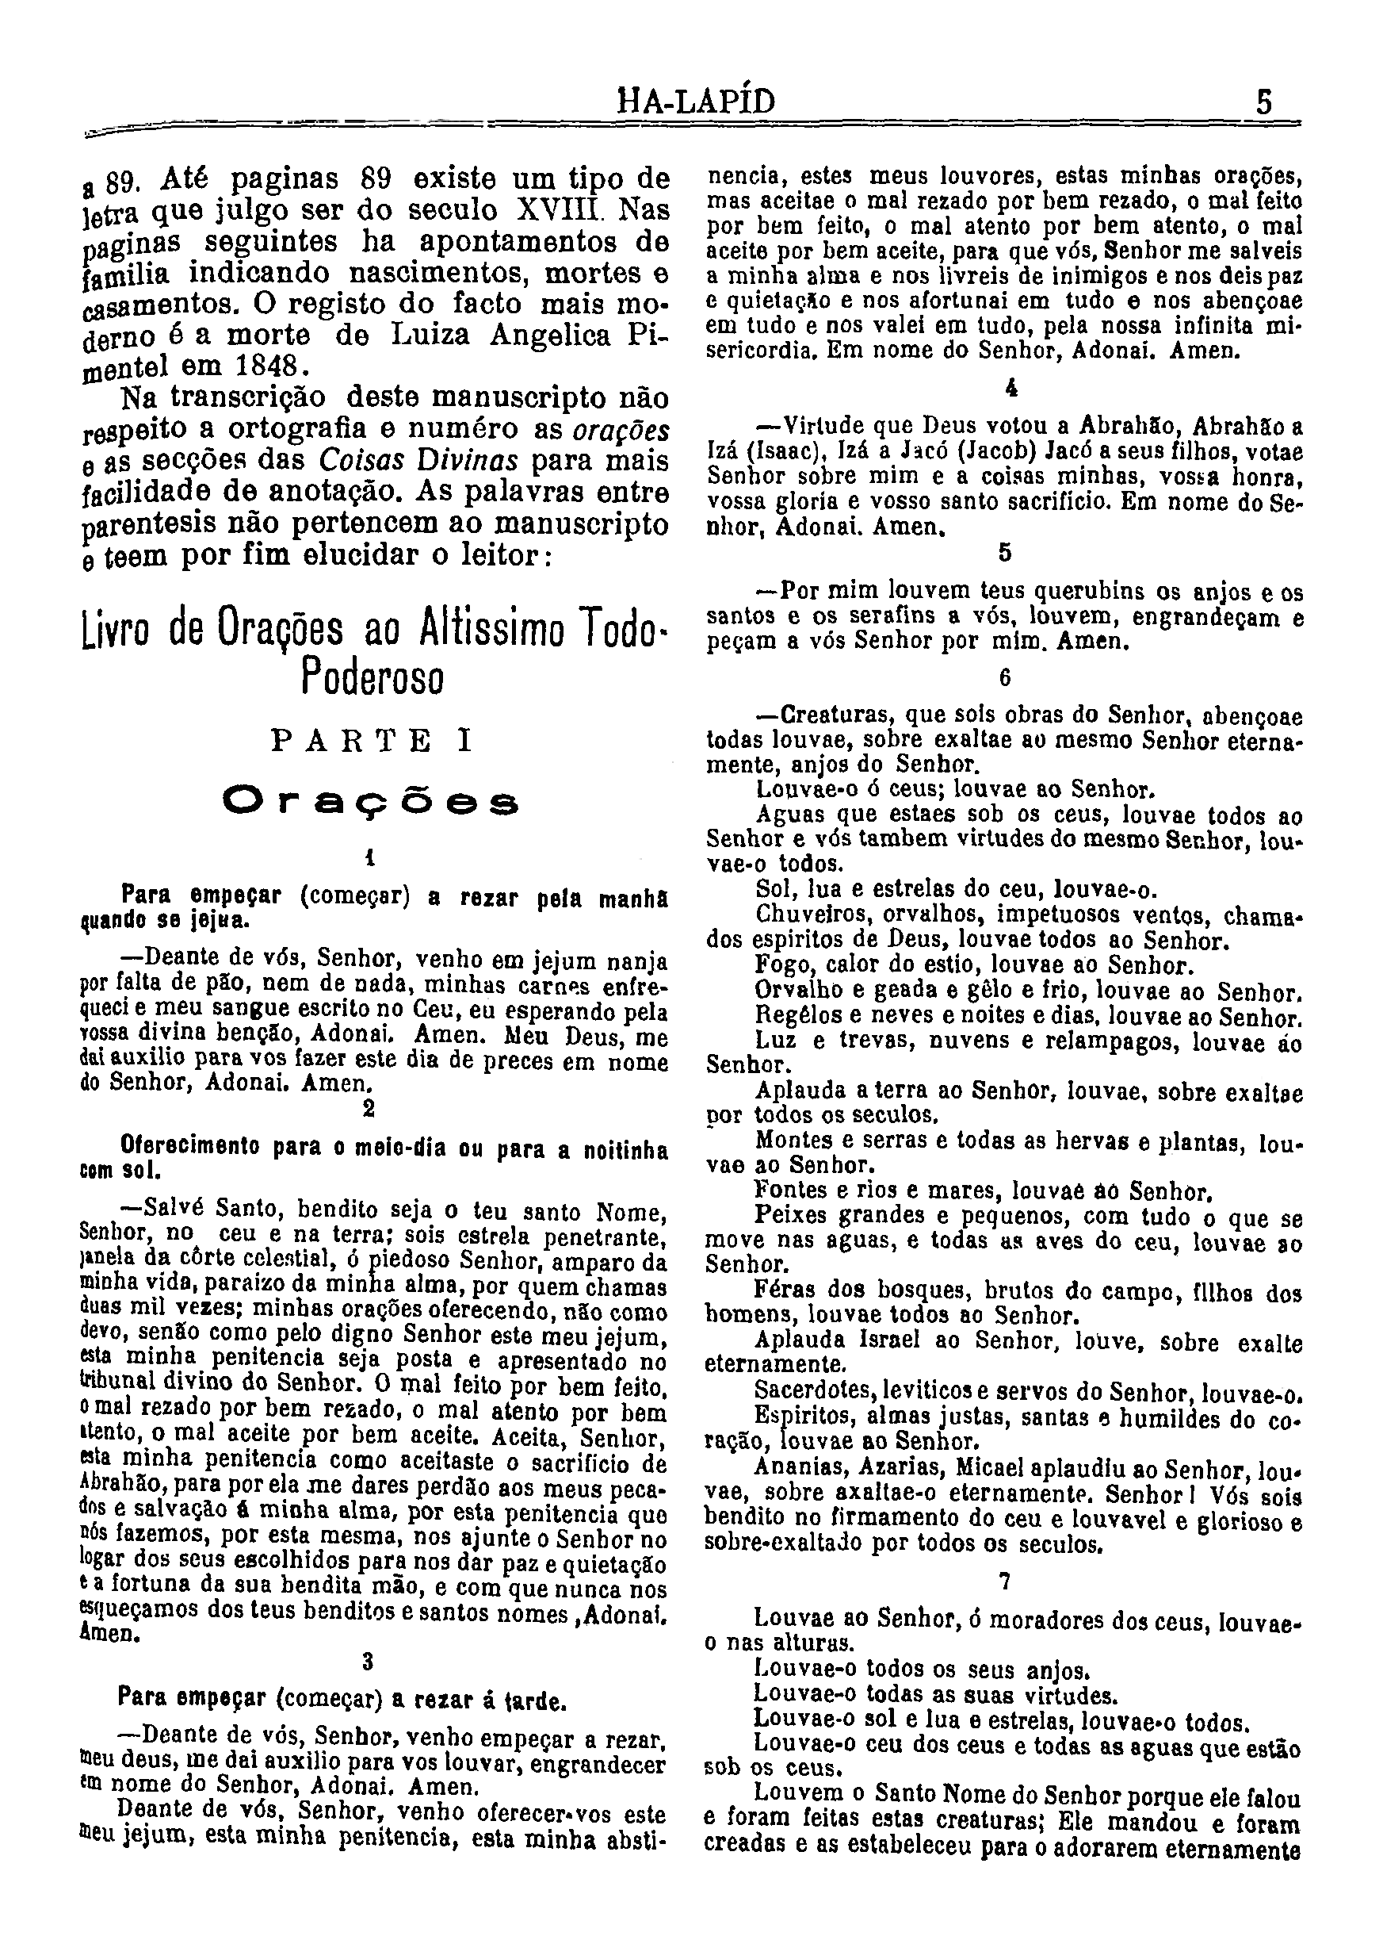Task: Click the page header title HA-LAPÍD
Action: point(696,103)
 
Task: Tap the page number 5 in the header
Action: point(1265,103)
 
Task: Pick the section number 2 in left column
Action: point(369,1109)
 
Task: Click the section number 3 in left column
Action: point(368,1662)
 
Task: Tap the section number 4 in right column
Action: point(1011,389)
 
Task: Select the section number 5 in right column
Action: point(1005,553)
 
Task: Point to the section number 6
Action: point(1005,677)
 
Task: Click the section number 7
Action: point(1005,1582)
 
